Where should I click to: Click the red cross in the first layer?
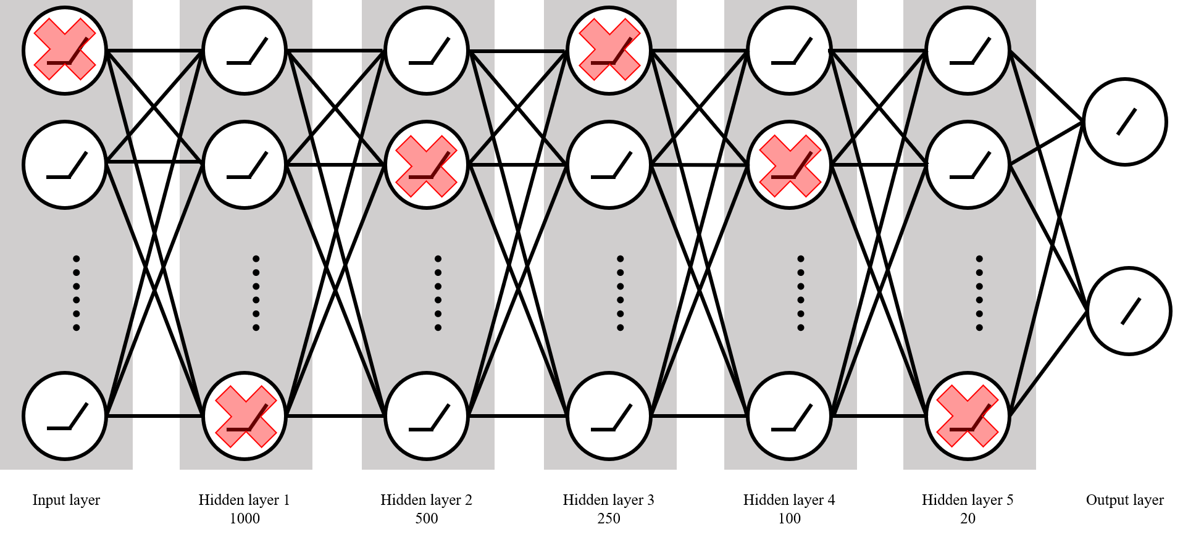click(65, 49)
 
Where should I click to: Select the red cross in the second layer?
click(246, 417)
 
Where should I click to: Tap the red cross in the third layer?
click(426, 166)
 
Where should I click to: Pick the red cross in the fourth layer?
click(609, 49)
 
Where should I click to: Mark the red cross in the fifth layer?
click(790, 166)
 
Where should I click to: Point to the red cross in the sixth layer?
click(968, 416)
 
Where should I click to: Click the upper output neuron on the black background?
click(1125, 122)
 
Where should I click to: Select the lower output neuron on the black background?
click(1129, 310)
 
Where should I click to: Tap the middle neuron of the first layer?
click(65, 165)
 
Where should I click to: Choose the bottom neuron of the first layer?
click(65, 416)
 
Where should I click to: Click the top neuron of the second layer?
click(245, 51)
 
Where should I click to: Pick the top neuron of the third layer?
click(427, 51)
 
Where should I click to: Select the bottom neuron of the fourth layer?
click(609, 416)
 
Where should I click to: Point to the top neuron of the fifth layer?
click(789, 51)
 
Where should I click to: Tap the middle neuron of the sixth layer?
click(968, 165)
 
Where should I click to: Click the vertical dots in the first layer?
click(77, 293)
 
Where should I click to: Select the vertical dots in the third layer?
click(438, 293)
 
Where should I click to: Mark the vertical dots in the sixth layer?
click(979, 293)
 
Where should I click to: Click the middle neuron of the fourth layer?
click(609, 165)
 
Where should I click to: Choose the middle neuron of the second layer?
click(245, 165)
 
